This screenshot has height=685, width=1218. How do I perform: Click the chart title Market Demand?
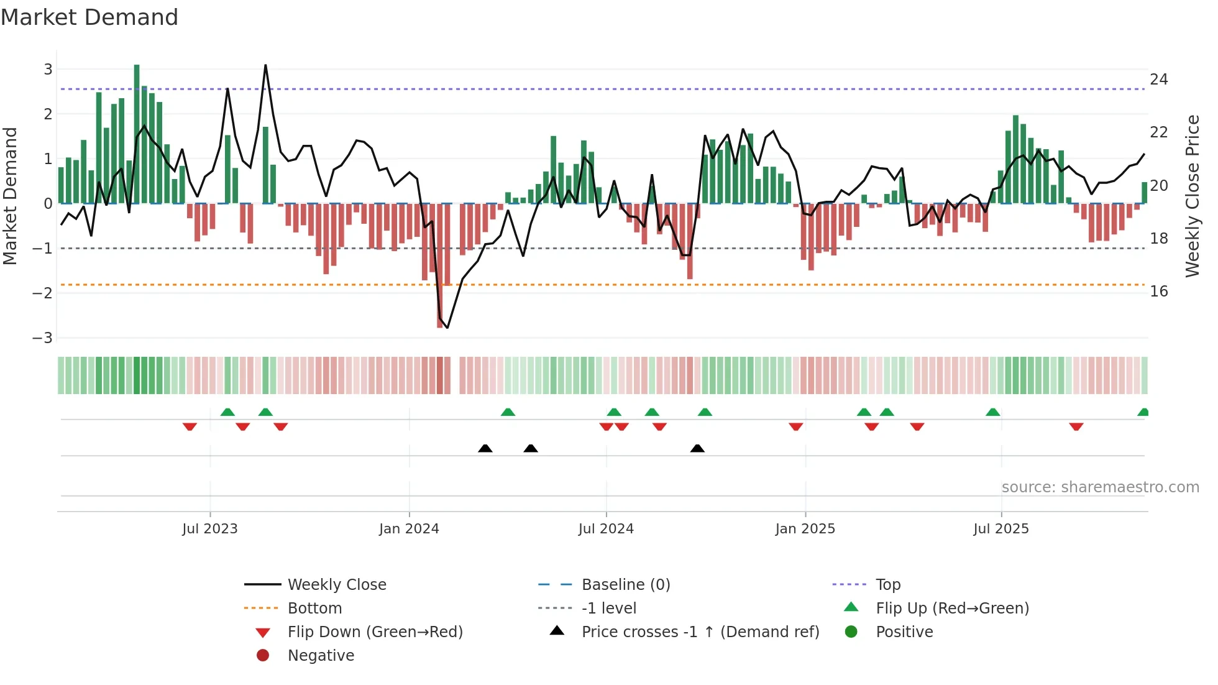click(89, 17)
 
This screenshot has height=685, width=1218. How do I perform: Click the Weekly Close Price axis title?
click(1192, 196)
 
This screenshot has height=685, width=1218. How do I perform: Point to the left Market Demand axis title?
click(10, 196)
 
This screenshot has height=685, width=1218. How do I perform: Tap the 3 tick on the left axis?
click(48, 69)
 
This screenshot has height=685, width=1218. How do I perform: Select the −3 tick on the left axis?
click(43, 338)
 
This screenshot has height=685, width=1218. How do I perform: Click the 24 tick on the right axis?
click(1158, 80)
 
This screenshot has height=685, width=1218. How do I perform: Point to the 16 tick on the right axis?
click(1158, 291)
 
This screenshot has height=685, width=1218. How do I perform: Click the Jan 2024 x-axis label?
click(409, 528)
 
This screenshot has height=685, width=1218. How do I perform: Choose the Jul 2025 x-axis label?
click(1000, 528)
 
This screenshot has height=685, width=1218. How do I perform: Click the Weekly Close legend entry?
click(336, 584)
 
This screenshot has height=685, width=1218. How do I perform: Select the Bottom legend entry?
click(314, 608)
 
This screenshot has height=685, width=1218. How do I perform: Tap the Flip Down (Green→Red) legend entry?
click(375, 632)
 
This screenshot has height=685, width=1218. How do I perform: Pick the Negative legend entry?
click(321, 655)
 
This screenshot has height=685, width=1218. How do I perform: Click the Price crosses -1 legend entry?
click(700, 632)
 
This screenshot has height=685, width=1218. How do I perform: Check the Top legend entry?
click(887, 584)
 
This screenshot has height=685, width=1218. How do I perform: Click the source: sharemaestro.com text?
click(1100, 487)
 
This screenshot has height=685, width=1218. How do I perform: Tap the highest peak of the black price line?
click(265, 66)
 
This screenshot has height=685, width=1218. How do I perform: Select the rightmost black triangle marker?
click(697, 448)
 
